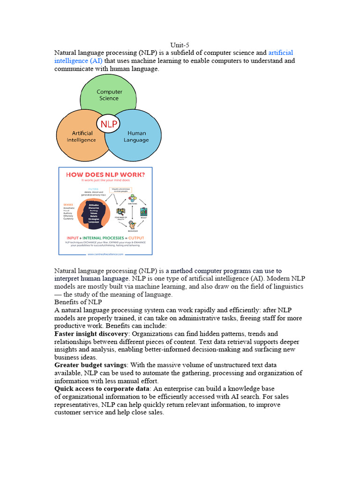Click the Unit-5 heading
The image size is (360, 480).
pos(180,45)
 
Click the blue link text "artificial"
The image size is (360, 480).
pos(280,53)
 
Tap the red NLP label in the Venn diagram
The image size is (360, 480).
pos(108,124)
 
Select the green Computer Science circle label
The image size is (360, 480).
pos(109,95)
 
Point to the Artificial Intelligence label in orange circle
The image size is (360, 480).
pos(81,136)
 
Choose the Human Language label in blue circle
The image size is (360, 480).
pos(136,136)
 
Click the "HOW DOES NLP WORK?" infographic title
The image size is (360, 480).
pos(105,174)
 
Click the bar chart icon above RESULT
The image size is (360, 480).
pos(144,211)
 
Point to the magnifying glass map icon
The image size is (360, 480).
pos(120,211)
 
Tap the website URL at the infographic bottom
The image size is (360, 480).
pos(105,254)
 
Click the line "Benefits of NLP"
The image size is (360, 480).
pos(78,302)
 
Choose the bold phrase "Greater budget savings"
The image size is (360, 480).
pos(90,365)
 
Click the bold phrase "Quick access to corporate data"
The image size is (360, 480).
pos(103,389)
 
